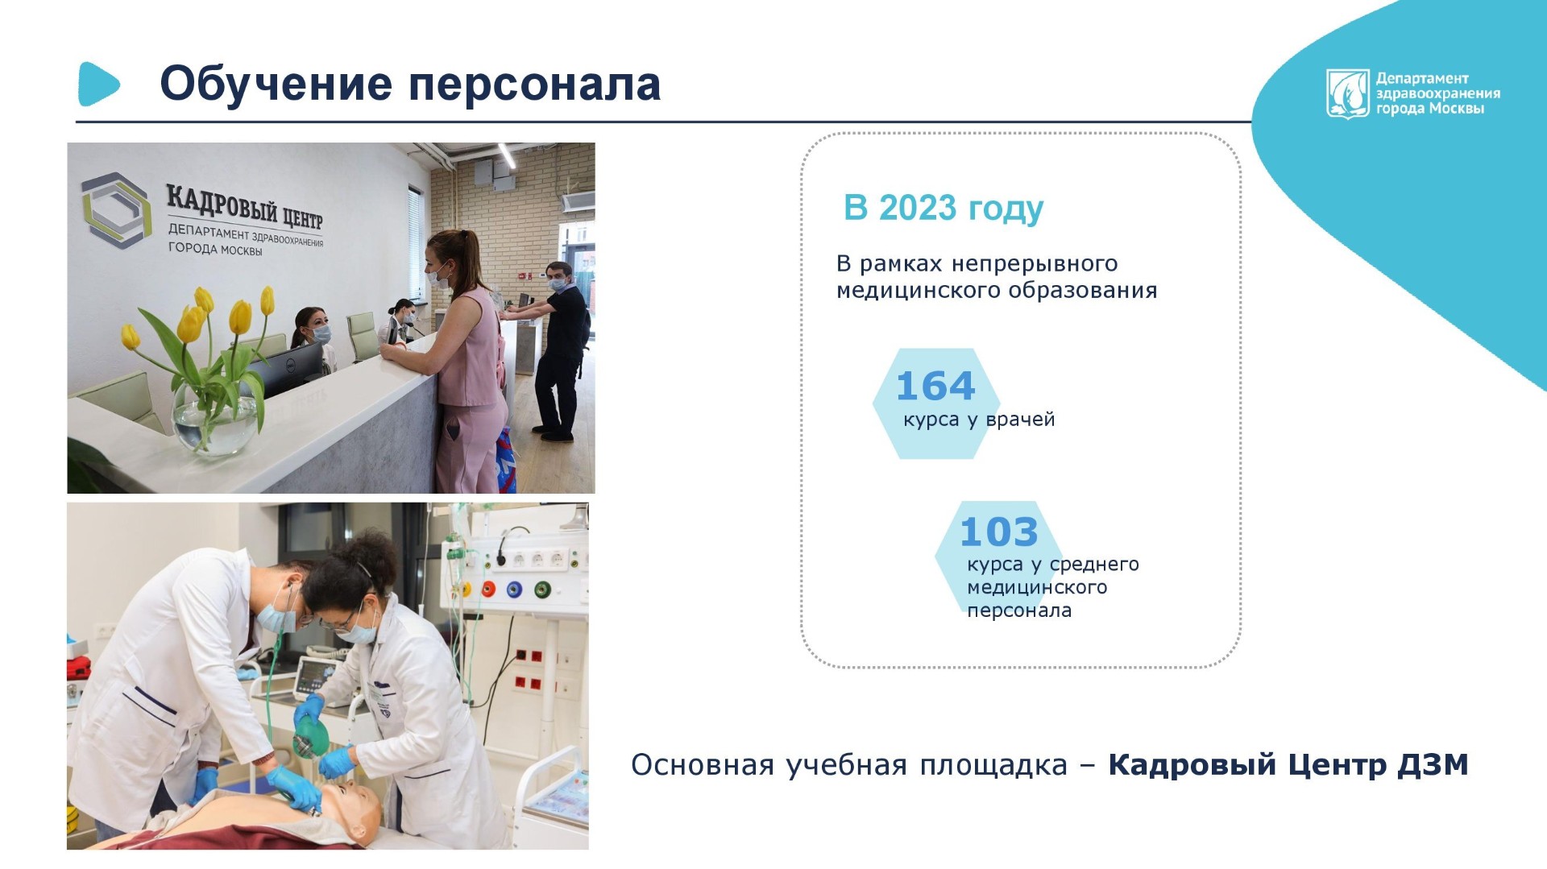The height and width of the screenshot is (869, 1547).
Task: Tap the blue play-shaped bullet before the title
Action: [98, 84]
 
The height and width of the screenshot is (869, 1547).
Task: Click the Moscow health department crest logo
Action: [1348, 93]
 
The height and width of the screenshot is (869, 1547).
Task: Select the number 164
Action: [935, 386]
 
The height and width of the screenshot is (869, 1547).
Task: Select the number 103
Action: [999, 532]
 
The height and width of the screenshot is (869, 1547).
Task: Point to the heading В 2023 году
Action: [944, 209]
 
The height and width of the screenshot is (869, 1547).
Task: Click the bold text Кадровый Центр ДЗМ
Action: [1288, 764]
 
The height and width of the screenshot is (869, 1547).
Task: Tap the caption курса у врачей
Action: [979, 420]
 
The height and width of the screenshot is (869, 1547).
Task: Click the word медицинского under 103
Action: [1037, 588]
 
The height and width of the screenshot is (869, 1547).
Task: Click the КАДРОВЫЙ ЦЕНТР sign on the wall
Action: [244, 206]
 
